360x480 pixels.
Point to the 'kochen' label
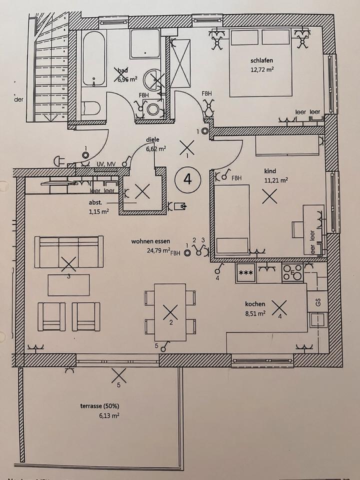pos(255,304)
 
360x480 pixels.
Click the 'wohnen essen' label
pos(150,241)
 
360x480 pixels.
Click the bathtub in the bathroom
pos(94,59)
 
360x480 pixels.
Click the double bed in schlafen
pos(260,62)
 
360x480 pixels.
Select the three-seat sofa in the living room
pos(69,251)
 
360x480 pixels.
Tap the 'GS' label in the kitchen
pos(317,301)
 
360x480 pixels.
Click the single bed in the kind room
pos(232,218)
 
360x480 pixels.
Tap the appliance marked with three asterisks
pos(246,273)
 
